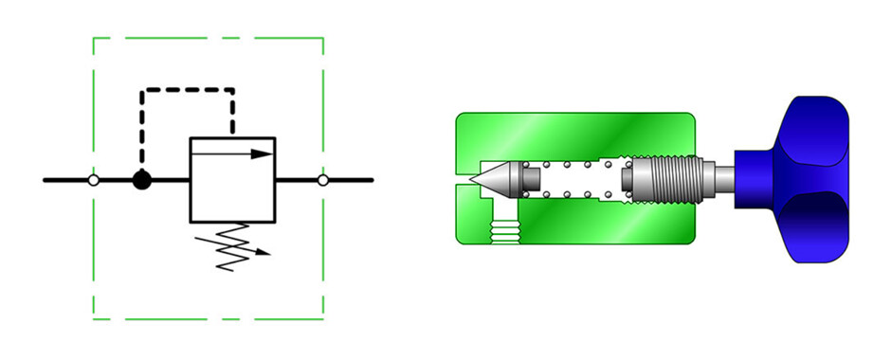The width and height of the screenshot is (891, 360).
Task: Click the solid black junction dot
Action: coord(141,180)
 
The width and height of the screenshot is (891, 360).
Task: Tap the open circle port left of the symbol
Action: coord(93,180)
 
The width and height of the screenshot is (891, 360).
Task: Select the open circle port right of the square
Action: coord(323,180)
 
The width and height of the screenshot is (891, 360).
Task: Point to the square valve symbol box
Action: coord(232,180)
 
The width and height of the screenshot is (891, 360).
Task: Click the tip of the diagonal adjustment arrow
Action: coord(268,254)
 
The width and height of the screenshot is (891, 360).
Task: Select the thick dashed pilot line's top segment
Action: coord(188,91)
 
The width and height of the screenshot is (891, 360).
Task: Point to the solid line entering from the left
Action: coord(66,180)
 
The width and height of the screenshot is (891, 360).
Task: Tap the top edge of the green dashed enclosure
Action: coord(209,39)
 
